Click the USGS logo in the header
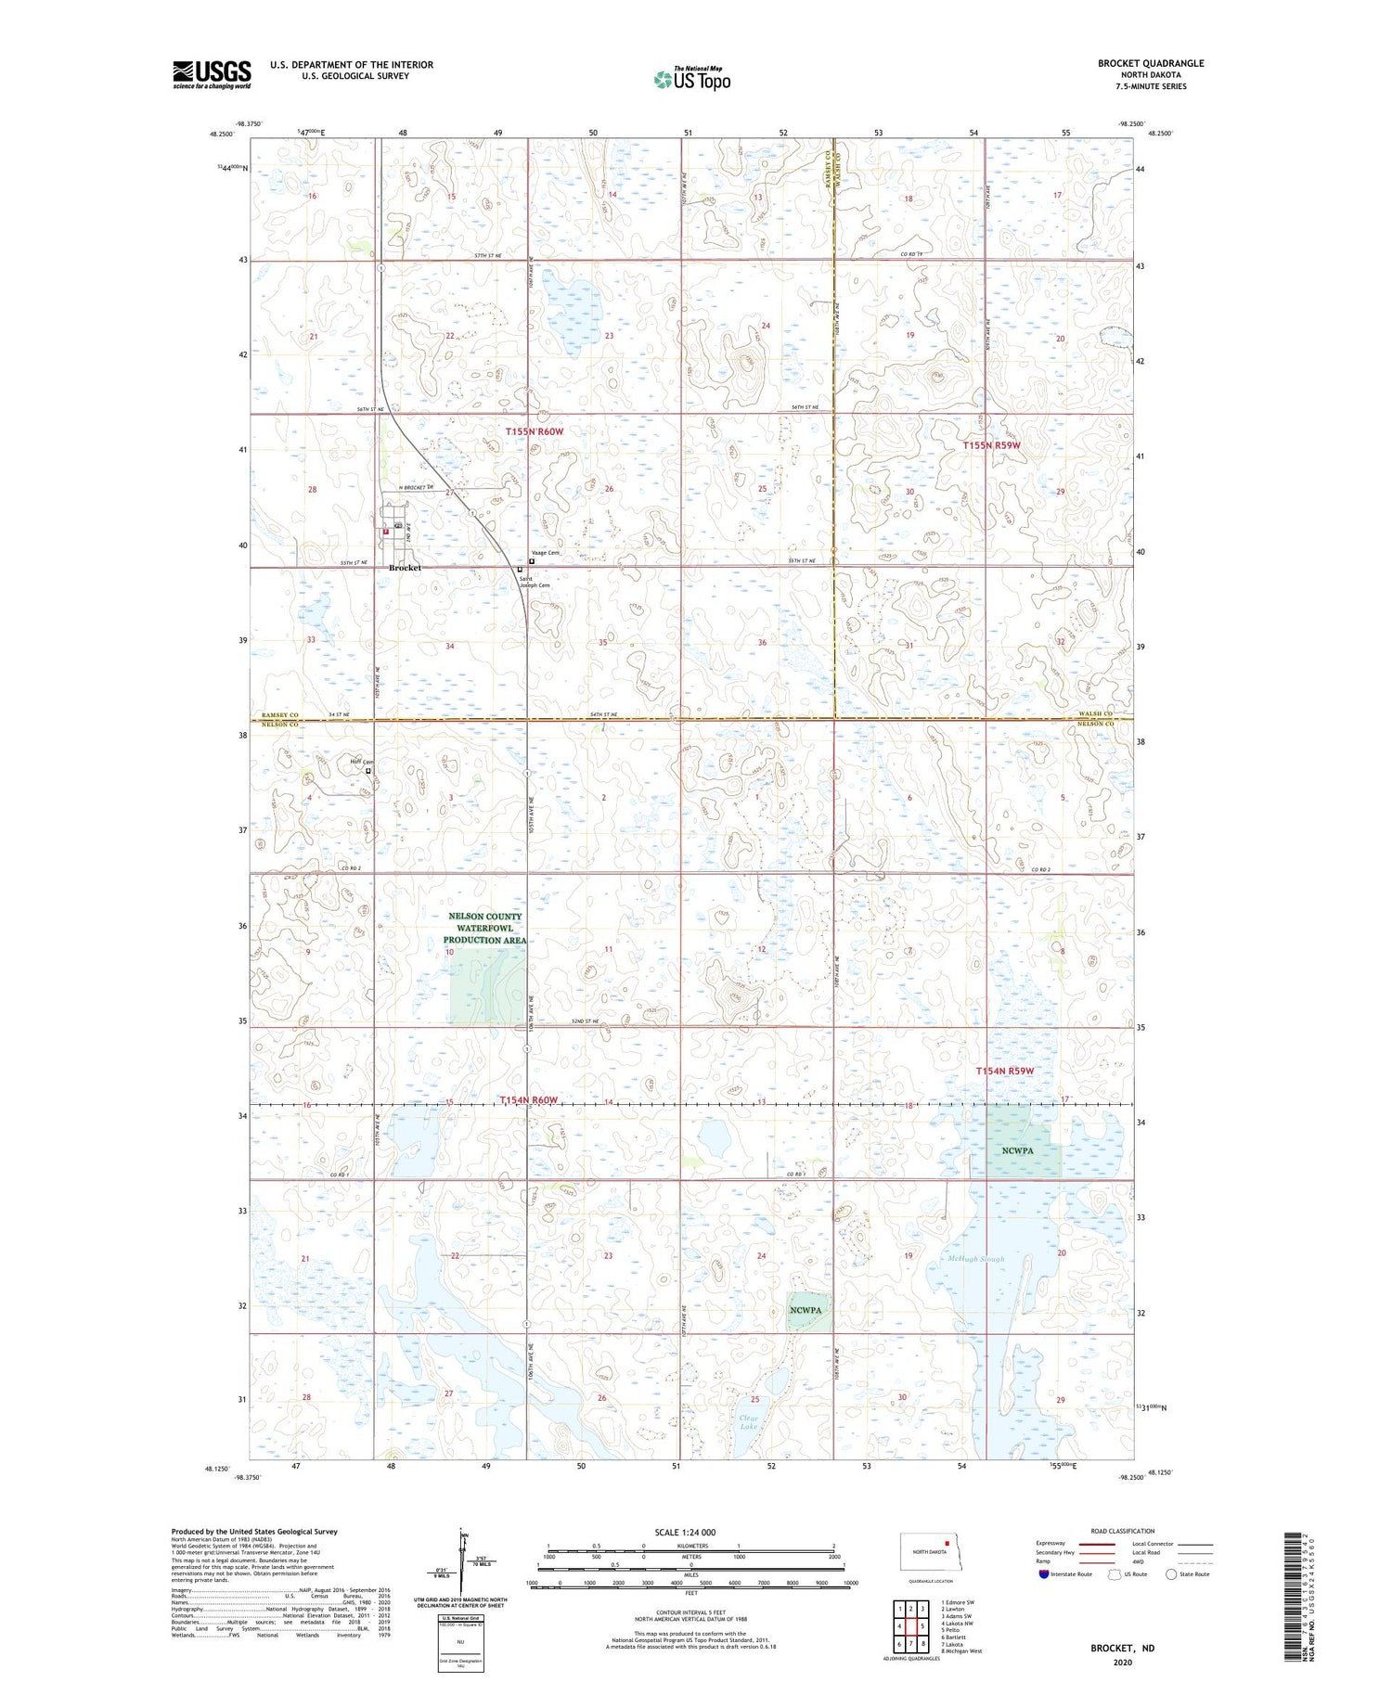[212, 74]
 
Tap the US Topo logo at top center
[691, 79]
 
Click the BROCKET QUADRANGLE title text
[1150, 63]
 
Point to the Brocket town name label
[405, 567]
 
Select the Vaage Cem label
[547, 553]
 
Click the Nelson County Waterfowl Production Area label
[485, 928]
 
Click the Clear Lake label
[748, 1421]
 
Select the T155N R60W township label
[534, 431]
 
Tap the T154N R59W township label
[1004, 1071]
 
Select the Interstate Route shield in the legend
[1044, 1574]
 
